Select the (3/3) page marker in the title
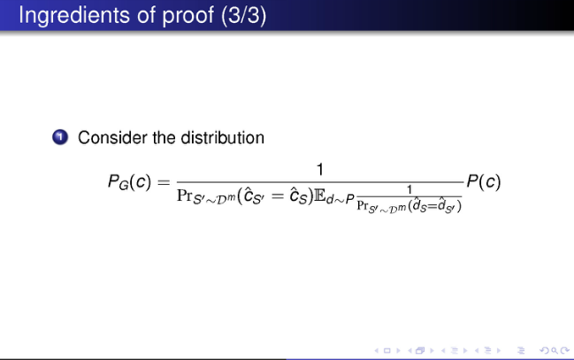[x=244, y=16]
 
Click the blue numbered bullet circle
[x=60, y=137]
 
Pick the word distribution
[x=222, y=138]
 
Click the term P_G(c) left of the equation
[x=129, y=182]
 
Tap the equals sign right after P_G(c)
[x=164, y=182]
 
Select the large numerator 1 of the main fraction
[x=320, y=170]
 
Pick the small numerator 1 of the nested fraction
[x=409, y=189]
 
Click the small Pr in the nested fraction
[x=362, y=205]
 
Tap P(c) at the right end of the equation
[x=484, y=181]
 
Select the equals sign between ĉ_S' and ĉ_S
[x=278, y=195]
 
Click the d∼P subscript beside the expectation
[x=341, y=199]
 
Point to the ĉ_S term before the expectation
[x=299, y=196]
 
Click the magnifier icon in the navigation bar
[x=555, y=351]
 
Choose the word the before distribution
[x=165, y=138]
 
